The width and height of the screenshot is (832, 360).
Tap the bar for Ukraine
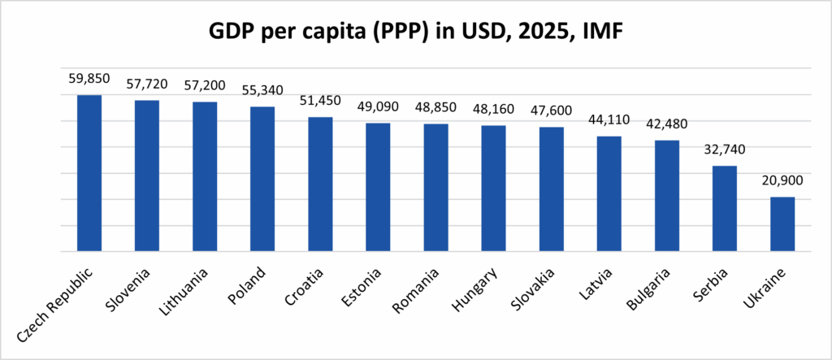click(782, 224)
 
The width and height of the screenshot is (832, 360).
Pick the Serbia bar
click(725, 209)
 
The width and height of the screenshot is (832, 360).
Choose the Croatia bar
click(320, 184)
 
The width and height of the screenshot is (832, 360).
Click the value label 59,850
click(89, 81)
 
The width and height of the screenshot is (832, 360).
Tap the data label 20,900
click(782, 184)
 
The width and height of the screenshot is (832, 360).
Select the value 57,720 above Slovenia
click(146, 87)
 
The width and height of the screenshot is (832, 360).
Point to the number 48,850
click(435, 111)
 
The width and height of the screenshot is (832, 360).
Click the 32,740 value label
click(725, 152)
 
